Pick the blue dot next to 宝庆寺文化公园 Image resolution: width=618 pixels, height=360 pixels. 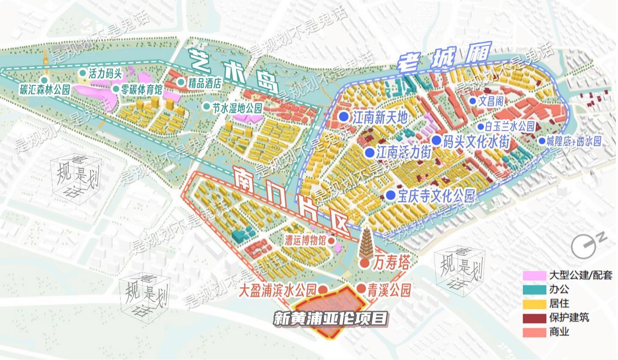tap(390, 195)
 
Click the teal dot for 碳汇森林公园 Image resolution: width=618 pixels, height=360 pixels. tap(44, 80)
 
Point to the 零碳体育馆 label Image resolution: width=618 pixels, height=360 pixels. tap(142, 89)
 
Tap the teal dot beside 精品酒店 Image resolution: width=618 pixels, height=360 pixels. tap(181, 82)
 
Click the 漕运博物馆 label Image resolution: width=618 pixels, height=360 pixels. tap(306, 241)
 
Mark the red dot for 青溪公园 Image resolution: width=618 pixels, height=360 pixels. tap(361, 288)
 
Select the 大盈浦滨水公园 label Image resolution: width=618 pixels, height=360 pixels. tap(278, 291)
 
